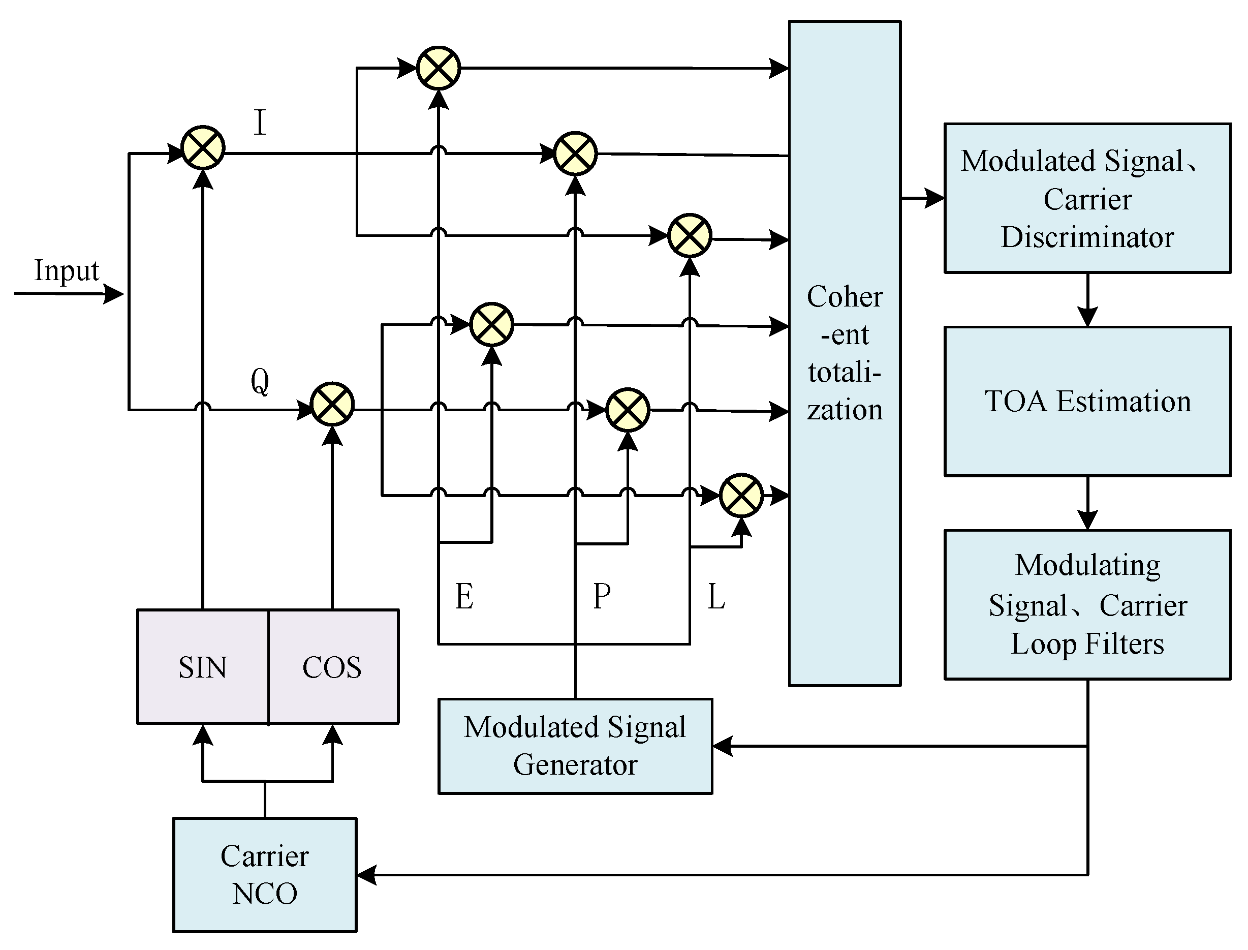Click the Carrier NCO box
click(x=265, y=874)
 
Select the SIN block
click(x=202, y=667)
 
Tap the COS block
click(x=332, y=667)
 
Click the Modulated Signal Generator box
click(x=575, y=746)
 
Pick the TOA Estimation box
click(x=1087, y=402)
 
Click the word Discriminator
click(x=1087, y=237)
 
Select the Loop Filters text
click(x=1087, y=644)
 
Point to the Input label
click(x=67, y=270)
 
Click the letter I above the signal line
click(x=260, y=122)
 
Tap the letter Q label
click(x=260, y=381)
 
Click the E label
click(x=464, y=597)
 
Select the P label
click(x=602, y=597)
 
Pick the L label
click(x=715, y=597)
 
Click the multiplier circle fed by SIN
click(x=202, y=148)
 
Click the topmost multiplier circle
click(x=439, y=69)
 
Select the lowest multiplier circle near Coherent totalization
click(x=741, y=496)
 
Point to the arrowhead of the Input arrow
click(x=115, y=294)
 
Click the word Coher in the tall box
click(x=845, y=297)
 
